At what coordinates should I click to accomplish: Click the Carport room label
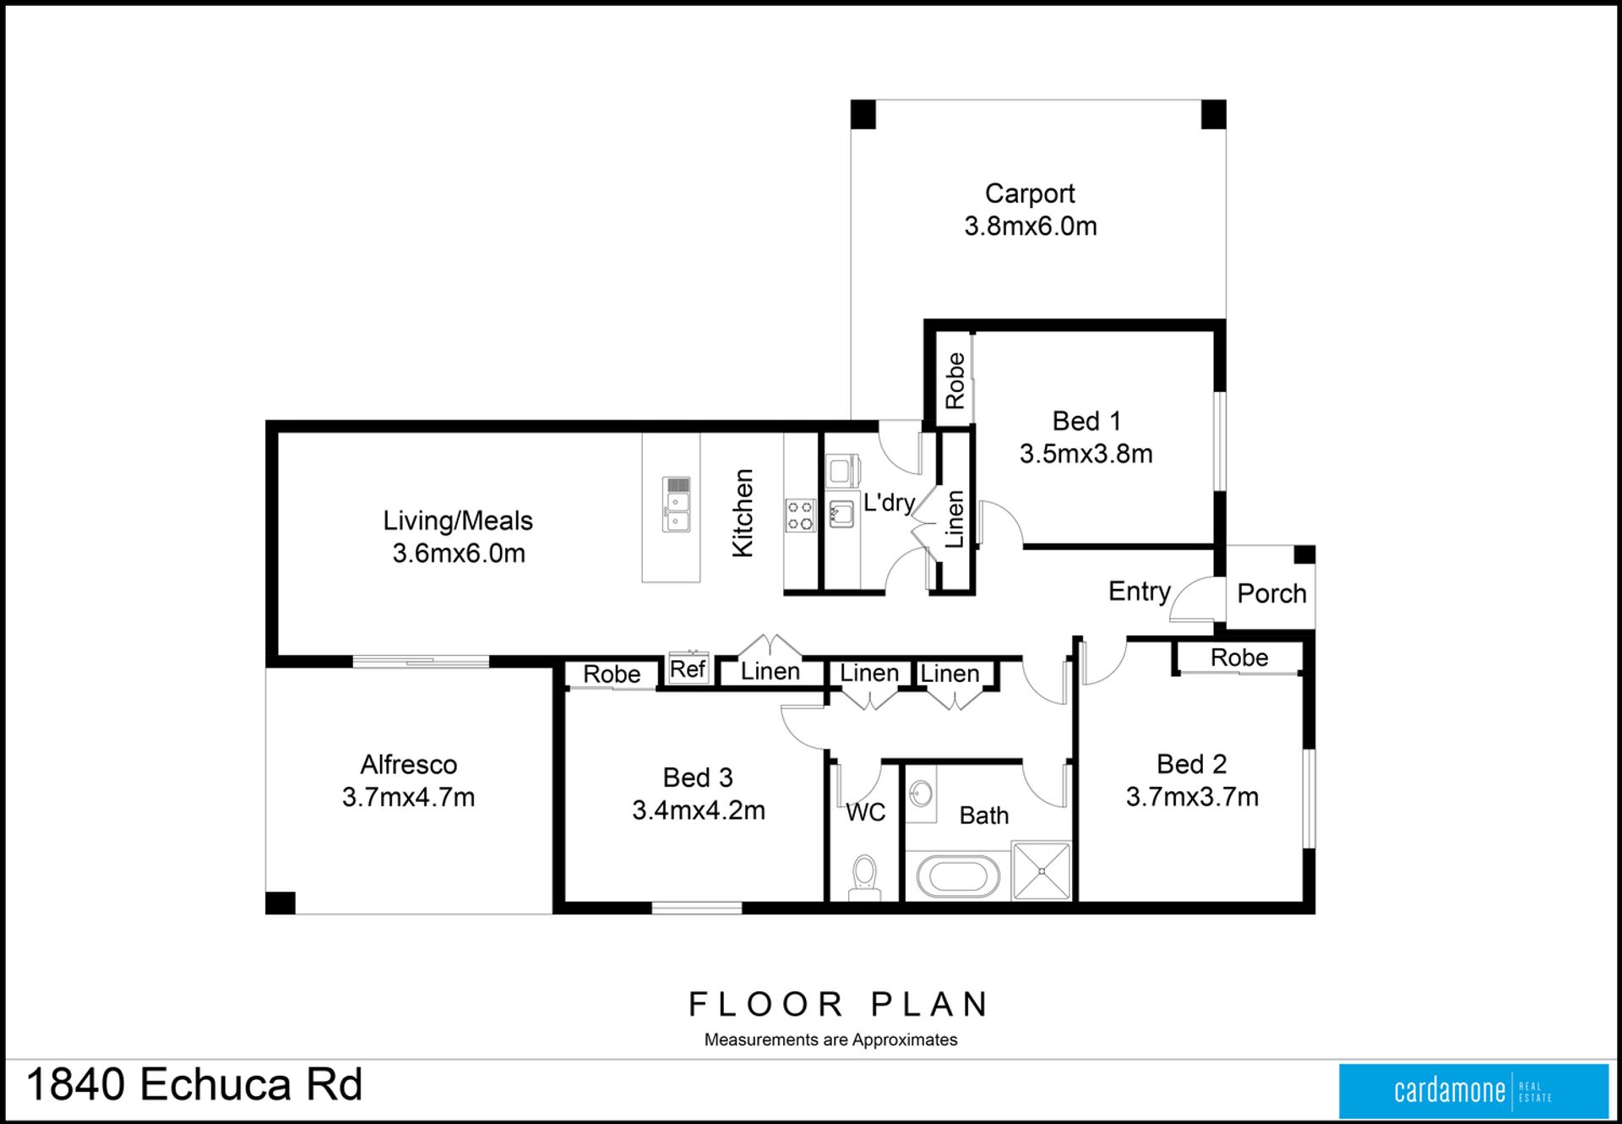1030,194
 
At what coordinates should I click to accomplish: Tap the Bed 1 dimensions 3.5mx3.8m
1086,454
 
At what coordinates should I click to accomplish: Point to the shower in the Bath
1042,870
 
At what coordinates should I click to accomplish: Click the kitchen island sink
677,505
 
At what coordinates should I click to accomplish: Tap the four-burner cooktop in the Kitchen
800,516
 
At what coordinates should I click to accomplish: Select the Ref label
688,669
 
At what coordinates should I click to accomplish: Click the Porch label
1271,593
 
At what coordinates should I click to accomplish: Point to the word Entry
1140,591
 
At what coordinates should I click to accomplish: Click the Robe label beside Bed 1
955,381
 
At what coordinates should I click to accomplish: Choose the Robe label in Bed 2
1239,657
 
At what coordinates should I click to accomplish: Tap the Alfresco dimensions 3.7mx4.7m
408,797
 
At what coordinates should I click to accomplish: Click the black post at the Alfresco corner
280,903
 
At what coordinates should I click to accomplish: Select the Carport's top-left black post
863,114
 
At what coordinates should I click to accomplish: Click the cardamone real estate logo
1473,1090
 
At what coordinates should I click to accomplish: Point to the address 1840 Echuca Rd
194,1084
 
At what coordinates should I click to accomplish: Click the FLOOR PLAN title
838,1004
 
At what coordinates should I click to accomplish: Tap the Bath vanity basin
921,794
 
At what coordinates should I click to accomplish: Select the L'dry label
889,503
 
